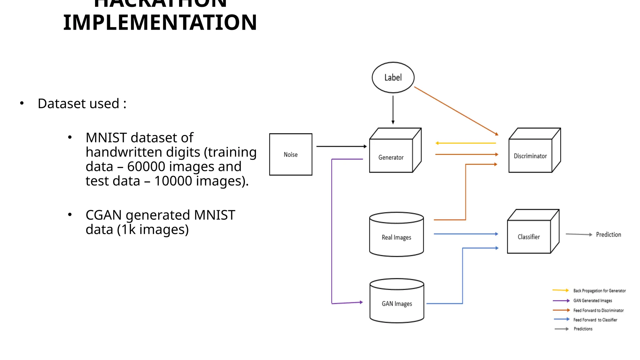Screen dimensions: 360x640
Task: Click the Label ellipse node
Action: point(393,77)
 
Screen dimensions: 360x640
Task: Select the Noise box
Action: point(291,154)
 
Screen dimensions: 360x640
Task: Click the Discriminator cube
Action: point(531,155)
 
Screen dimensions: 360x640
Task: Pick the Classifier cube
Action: point(529,237)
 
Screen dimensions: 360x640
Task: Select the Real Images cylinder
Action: point(396,237)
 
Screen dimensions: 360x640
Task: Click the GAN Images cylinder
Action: point(397,303)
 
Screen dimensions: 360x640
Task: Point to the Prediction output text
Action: point(608,234)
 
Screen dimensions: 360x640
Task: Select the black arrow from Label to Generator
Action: point(393,109)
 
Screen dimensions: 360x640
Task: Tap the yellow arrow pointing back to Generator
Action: point(466,143)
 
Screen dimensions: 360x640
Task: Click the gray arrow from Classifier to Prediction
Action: point(578,234)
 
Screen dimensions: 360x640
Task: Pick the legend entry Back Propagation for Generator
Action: point(599,291)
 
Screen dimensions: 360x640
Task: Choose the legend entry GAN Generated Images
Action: point(592,301)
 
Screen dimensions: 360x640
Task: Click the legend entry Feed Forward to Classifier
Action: point(595,320)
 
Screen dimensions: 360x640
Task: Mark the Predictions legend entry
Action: point(583,329)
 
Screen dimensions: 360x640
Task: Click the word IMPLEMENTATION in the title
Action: point(160,22)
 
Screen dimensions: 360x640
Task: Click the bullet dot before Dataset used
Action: point(22,103)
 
